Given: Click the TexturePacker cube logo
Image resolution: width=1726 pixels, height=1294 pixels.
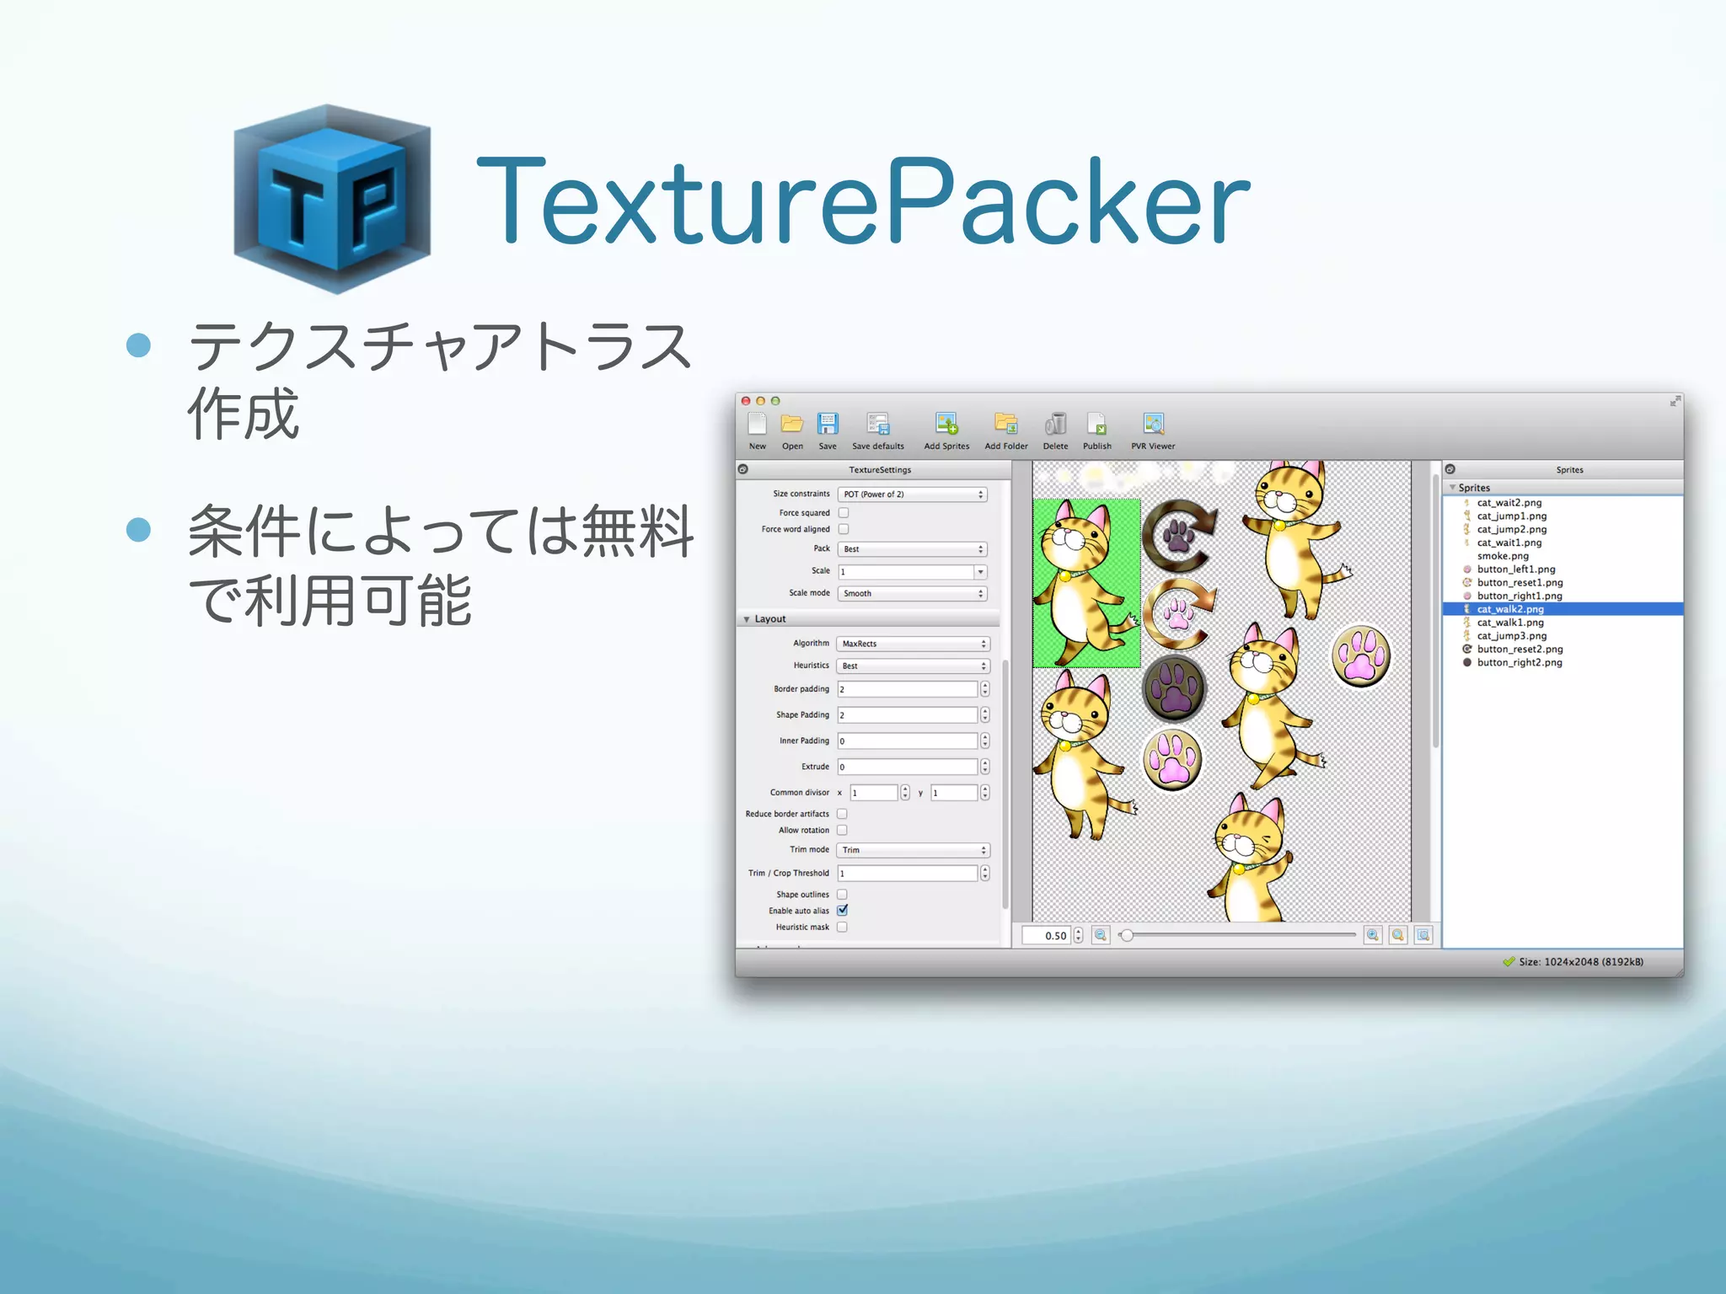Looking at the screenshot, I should click(332, 199).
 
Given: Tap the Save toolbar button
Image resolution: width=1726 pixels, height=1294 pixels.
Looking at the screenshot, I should click(828, 430).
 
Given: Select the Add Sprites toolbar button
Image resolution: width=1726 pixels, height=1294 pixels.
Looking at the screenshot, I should click(946, 430).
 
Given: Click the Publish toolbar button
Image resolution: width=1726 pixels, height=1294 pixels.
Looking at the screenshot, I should click(1096, 430).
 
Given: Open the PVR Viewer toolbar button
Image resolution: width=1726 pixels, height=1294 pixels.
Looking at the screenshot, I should click(1153, 430).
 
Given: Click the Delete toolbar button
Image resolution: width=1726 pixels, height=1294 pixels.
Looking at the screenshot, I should click(1055, 430).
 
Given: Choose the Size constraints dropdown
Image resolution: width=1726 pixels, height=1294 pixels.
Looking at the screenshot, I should click(913, 495).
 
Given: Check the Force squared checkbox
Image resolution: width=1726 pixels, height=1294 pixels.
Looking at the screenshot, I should click(844, 512).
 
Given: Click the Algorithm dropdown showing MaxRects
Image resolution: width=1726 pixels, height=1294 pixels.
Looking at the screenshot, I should click(913, 644).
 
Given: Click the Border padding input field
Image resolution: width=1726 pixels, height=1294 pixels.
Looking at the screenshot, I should click(907, 689).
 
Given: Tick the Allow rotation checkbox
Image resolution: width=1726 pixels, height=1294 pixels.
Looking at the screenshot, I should click(842, 830).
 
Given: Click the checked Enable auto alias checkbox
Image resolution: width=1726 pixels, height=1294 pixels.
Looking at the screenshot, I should click(842, 910).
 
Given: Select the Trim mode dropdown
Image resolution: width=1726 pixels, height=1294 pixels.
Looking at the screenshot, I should click(913, 850).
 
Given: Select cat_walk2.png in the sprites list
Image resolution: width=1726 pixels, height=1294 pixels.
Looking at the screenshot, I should click(1510, 609).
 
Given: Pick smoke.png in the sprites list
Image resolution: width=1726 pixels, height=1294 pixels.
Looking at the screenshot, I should click(1503, 556).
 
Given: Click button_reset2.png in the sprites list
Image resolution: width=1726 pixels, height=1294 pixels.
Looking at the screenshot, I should click(1520, 650).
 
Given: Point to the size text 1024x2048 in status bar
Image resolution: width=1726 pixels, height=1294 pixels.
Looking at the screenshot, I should click(1580, 962).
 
